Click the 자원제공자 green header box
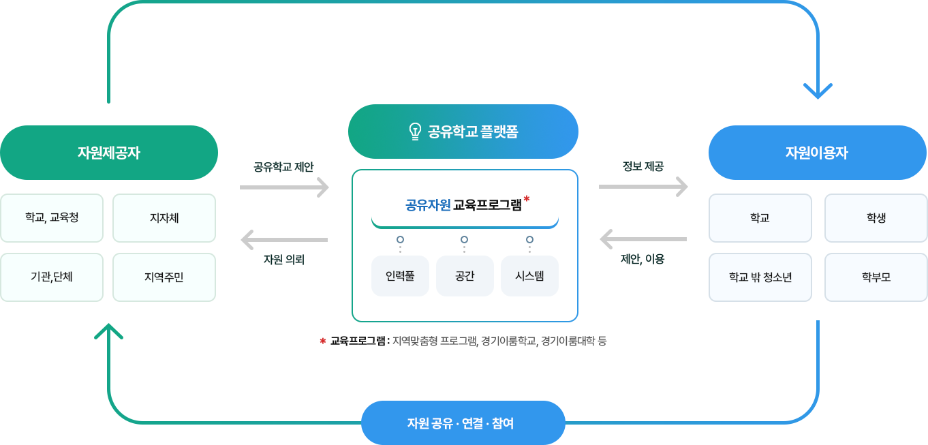coord(109,153)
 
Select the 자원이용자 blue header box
coord(818,153)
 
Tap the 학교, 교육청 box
coord(52,218)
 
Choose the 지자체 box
coord(164,218)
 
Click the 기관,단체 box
coord(52,277)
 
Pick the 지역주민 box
coord(164,277)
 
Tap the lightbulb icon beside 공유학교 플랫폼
coord(414,132)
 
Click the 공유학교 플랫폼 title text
coord(473,132)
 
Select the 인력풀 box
coord(400,276)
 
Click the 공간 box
coord(465,276)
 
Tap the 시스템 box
coord(529,276)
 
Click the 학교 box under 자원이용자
coord(760,218)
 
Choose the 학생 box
coord(876,218)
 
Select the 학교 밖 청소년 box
coord(760,277)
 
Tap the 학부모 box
coord(876,277)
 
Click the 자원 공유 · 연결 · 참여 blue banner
coord(463,423)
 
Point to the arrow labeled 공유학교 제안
coord(284,187)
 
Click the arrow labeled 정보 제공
coord(643,187)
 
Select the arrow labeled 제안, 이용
coord(643,239)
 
